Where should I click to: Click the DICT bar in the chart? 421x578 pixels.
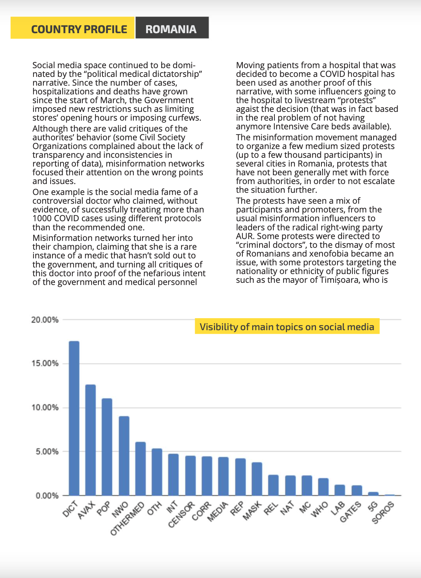coord(74,418)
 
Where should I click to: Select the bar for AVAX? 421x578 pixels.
coord(91,440)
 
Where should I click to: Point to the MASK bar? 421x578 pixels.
coord(257,479)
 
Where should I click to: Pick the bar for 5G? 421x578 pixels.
coord(373,493)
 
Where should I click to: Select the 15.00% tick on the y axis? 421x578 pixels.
coord(45,363)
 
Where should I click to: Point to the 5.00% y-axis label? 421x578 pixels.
coord(47,452)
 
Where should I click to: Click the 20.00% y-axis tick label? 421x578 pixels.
coord(45,320)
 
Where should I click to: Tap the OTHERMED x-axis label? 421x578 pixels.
coord(127,518)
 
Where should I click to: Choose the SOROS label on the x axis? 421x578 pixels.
coord(383,512)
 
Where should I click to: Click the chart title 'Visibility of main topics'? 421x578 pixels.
coord(287,327)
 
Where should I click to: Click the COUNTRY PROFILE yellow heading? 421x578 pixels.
coord(73,28)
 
